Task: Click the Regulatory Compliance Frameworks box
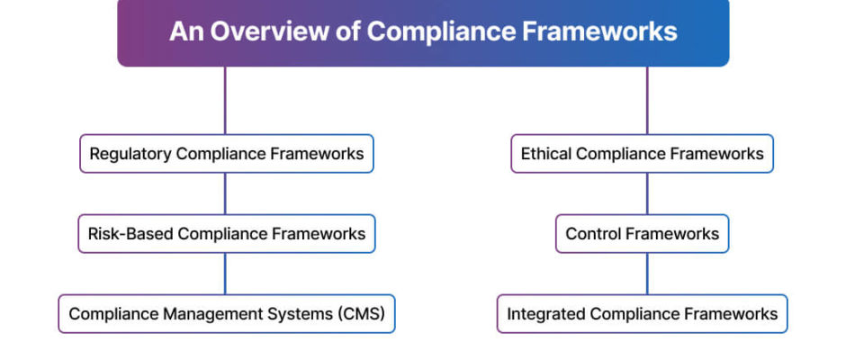click(x=227, y=154)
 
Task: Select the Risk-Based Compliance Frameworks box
click(x=227, y=234)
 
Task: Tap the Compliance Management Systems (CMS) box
click(x=227, y=313)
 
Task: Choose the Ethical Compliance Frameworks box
click(x=642, y=154)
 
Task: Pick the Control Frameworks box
click(x=642, y=234)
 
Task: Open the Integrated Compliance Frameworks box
click(x=642, y=313)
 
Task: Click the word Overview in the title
click(x=269, y=31)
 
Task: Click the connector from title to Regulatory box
click(x=225, y=101)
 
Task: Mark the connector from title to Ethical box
click(x=647, y=101)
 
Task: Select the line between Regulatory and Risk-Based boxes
click(x=225, y=193)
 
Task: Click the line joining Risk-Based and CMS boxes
click(x=225, y=274)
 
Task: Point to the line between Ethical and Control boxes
click(x=647, y=193)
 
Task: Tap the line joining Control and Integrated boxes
click(x=647, y=274)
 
